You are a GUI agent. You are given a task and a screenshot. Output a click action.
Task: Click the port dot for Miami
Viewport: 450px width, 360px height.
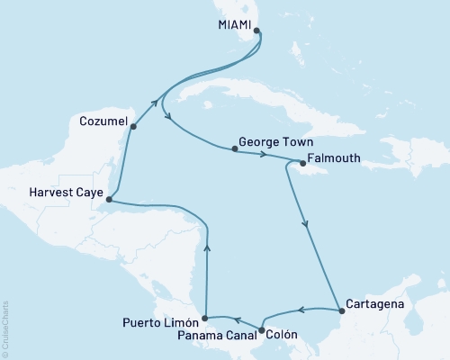tap(257, 31)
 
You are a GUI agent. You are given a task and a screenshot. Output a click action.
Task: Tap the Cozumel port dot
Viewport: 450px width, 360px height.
tap(133, 127)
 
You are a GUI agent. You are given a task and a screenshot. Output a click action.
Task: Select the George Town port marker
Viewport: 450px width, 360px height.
tap(234, 149)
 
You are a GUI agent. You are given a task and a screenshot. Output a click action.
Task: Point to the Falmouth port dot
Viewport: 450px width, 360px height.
tap(301, 163)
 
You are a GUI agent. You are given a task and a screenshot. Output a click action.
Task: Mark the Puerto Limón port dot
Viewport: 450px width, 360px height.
tap(206, 318)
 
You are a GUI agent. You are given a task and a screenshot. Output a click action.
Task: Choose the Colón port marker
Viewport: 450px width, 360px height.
tap(261, 330)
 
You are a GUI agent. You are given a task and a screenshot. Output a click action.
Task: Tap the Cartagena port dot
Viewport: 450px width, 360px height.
tap(341, 312)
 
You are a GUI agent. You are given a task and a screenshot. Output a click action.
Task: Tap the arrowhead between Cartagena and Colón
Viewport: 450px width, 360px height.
tap(301, 310)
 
